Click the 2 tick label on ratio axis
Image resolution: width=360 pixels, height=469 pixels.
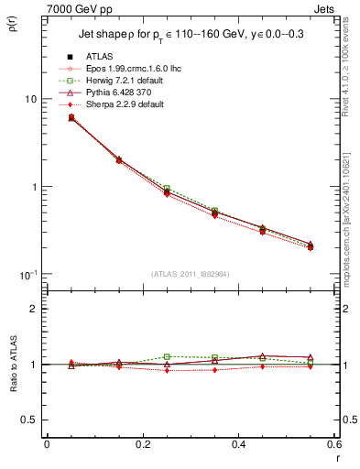(34, 309)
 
